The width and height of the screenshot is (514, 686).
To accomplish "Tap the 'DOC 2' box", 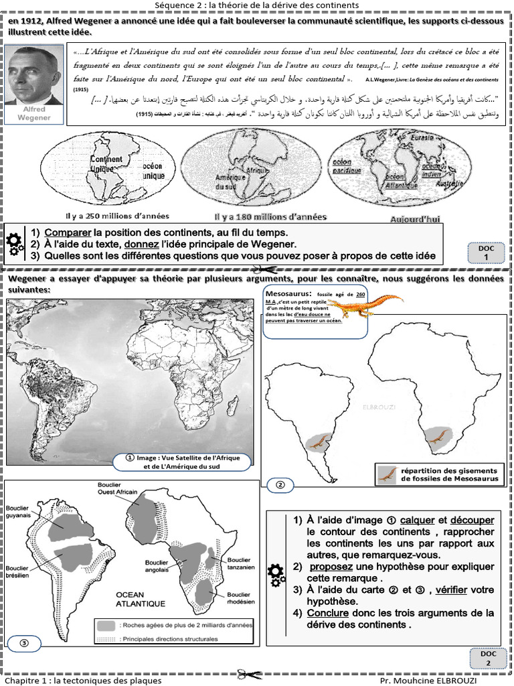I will click(x=489, y=658).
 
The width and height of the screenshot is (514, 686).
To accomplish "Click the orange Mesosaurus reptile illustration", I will click(x=365, y=305).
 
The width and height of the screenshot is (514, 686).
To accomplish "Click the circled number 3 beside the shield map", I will click(x=23, y=644).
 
